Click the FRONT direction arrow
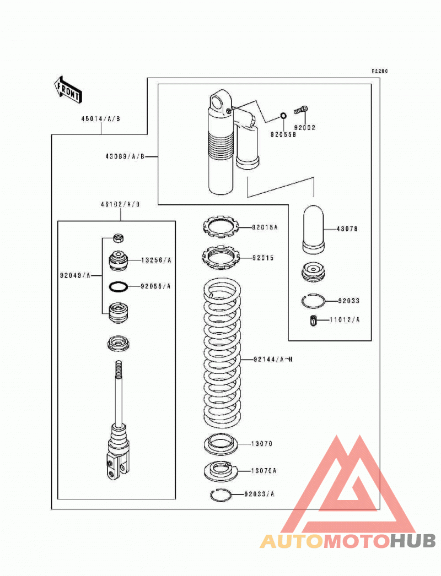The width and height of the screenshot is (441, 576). click(x=68, y=89)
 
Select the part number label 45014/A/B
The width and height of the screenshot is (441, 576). click(x=101, y=118)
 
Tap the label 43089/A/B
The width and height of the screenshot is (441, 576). click(x=125, y=156)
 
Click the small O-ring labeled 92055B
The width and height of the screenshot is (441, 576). click(x=283, y=116)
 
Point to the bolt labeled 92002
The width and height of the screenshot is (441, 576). click(x=301, y=110)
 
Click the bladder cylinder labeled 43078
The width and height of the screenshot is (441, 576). click(x=313, y=229)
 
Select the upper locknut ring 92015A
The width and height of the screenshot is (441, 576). click(x=221, y=227)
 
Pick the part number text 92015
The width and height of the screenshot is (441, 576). click(x=263, y=258)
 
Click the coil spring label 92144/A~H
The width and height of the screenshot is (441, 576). click(x=273, y=359)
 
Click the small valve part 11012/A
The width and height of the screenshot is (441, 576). click(x=313, y=320)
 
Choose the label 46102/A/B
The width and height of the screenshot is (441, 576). click(x=120, y=204)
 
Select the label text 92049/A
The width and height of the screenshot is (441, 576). click(x=76, y=275)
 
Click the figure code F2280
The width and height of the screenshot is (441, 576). click(x=379, y=71)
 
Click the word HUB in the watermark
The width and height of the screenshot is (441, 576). click(x=413, y=541)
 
